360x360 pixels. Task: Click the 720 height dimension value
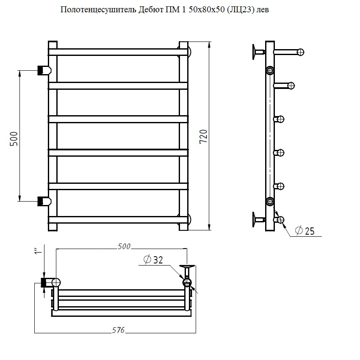pos(203,136)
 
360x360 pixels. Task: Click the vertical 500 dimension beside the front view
pos(14,139)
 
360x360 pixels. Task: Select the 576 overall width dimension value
pos(118,330)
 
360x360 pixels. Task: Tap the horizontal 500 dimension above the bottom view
pos(124,246)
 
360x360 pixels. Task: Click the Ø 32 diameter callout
pos(153,260)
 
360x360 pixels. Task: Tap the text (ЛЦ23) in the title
pos(241,10)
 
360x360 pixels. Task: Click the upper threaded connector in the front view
pos(44,70)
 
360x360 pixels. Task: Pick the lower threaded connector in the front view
pos(44,201)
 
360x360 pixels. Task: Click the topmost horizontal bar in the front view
pos(118,52)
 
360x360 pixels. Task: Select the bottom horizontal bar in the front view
pos(118,220)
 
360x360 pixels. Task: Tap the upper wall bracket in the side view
pos(259,52)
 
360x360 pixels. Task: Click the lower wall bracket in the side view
pos(259,220)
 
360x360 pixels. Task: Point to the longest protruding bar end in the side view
pos(289,52)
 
